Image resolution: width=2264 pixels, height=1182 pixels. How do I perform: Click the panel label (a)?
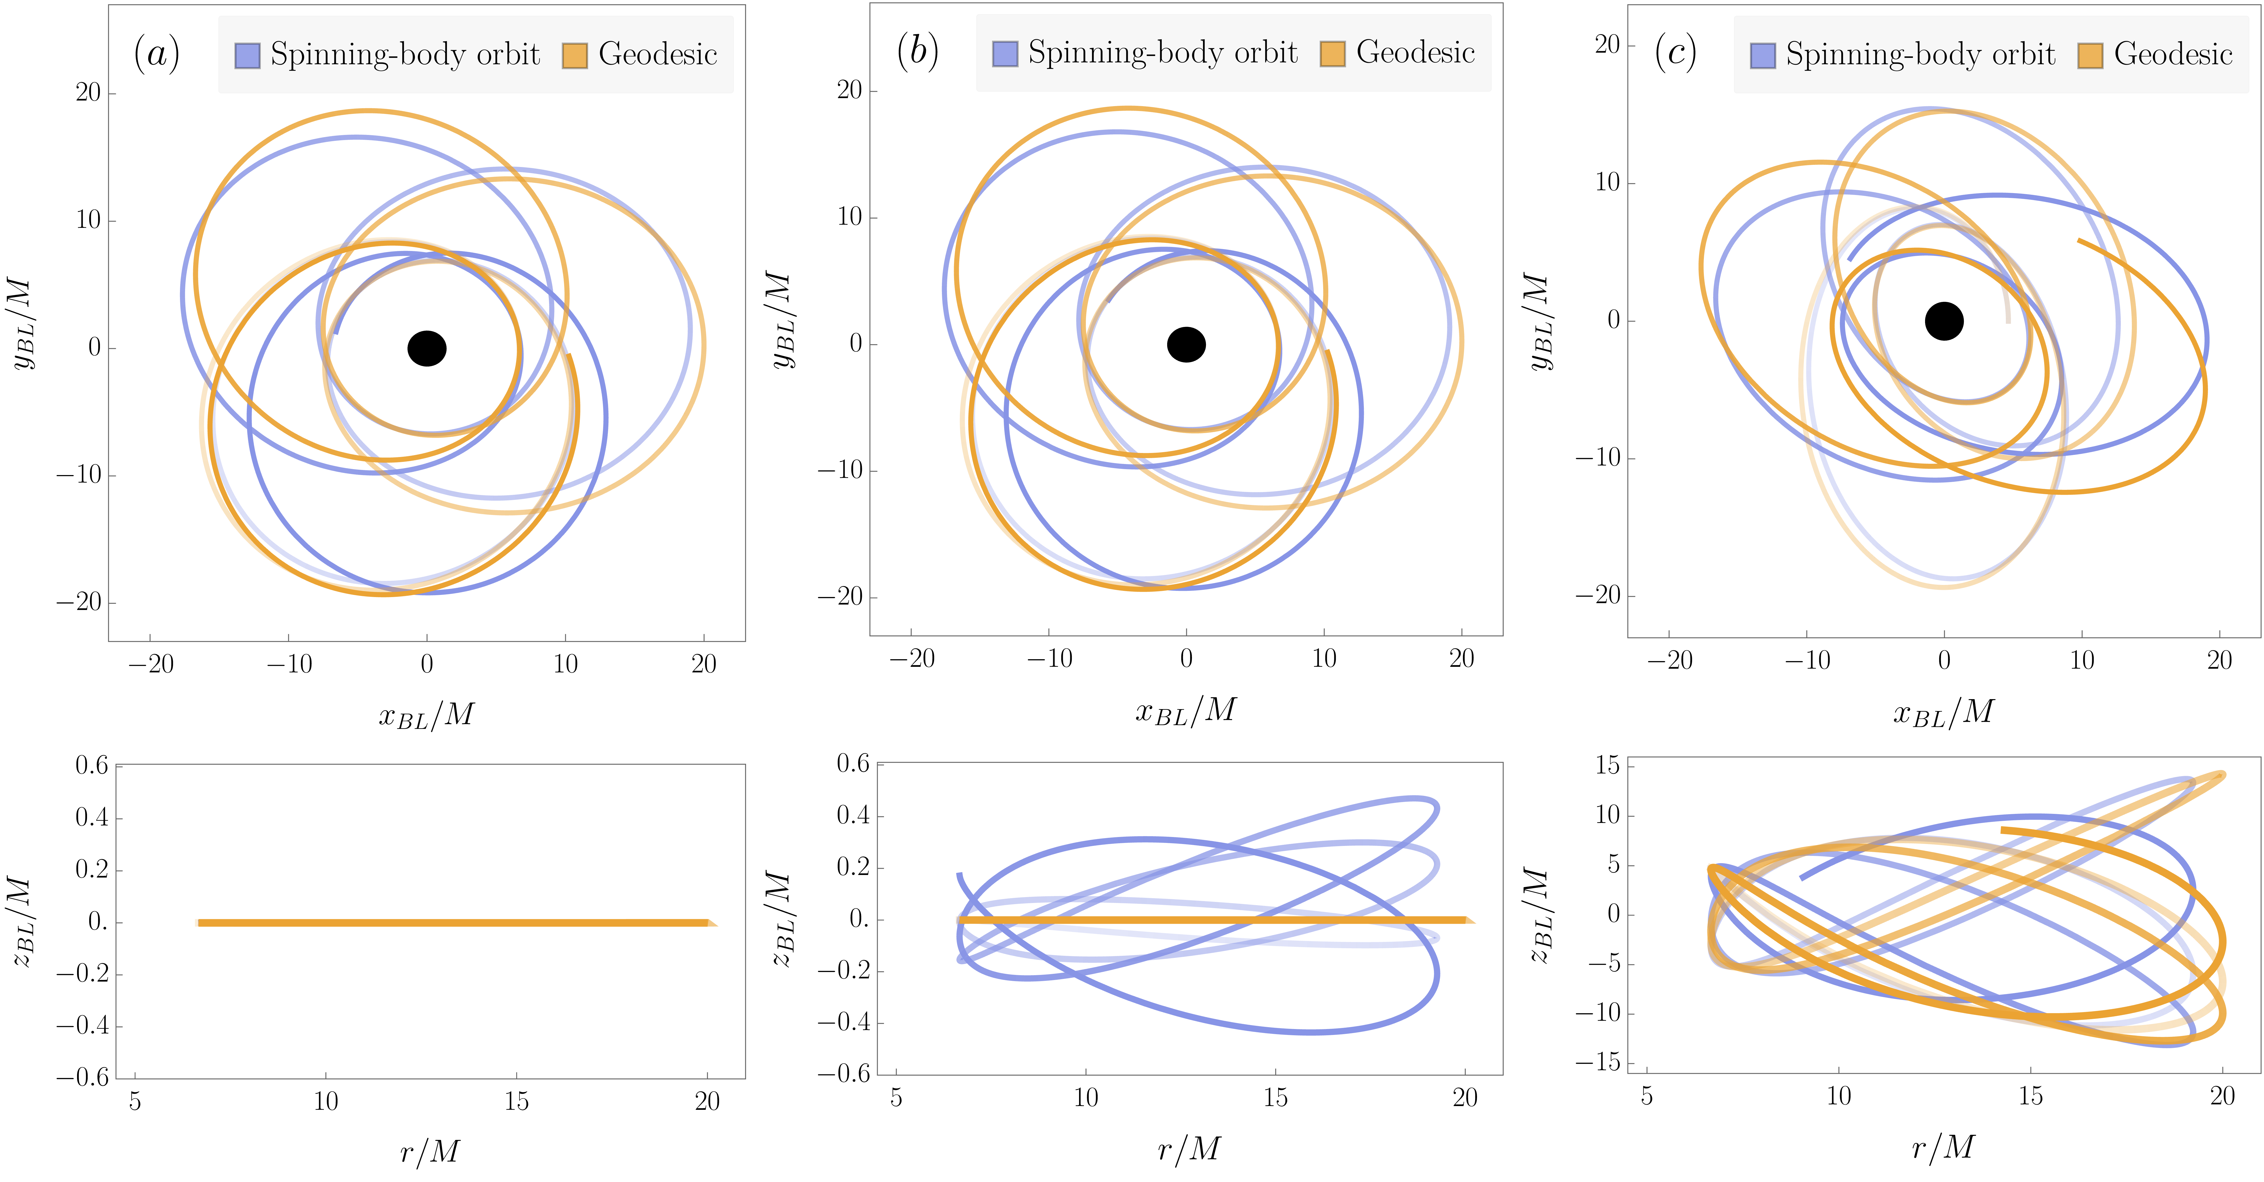[157, 54]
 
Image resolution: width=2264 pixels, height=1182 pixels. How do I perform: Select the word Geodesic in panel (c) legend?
[2173, 54]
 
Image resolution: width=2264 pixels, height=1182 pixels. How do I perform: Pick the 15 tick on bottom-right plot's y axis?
[1607, 765]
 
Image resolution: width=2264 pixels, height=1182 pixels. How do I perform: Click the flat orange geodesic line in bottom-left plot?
[453, 923]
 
